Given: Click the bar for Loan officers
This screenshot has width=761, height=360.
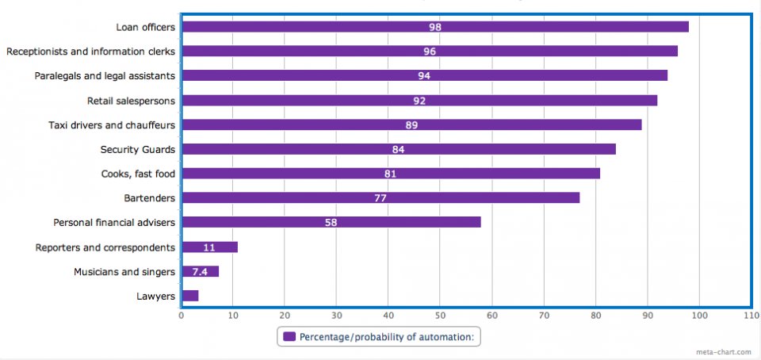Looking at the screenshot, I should coord(434,27).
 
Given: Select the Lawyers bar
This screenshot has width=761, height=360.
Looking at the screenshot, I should coord(190,296).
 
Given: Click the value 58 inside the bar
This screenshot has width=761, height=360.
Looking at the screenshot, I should coord(331,223).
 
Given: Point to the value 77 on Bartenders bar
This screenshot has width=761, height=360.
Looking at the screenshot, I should coord(380,198).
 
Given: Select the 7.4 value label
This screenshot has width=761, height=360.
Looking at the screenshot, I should coord(200,271).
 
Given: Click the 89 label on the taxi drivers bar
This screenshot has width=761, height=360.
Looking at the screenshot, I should coord(411,125).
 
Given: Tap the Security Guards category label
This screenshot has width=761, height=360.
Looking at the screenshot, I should coord(137,149).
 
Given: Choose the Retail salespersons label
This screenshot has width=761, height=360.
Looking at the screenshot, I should coord(131,101).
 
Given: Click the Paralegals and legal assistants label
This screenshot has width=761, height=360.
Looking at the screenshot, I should coord(105,76).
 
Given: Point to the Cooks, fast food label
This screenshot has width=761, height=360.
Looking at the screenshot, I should coord(138,174).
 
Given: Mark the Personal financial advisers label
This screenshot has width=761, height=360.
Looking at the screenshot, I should coord(113,223).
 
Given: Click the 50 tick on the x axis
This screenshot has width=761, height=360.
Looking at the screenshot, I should coord(440,316).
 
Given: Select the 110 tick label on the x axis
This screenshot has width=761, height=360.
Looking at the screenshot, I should coord(751,316).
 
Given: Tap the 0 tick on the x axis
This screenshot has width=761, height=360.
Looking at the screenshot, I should coord(182,316).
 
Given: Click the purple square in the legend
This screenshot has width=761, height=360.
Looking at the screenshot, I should coord(289,336).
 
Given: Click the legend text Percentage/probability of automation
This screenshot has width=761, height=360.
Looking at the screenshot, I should coord(387,336).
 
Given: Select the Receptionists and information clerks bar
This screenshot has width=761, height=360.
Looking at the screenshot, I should coord(430,52).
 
